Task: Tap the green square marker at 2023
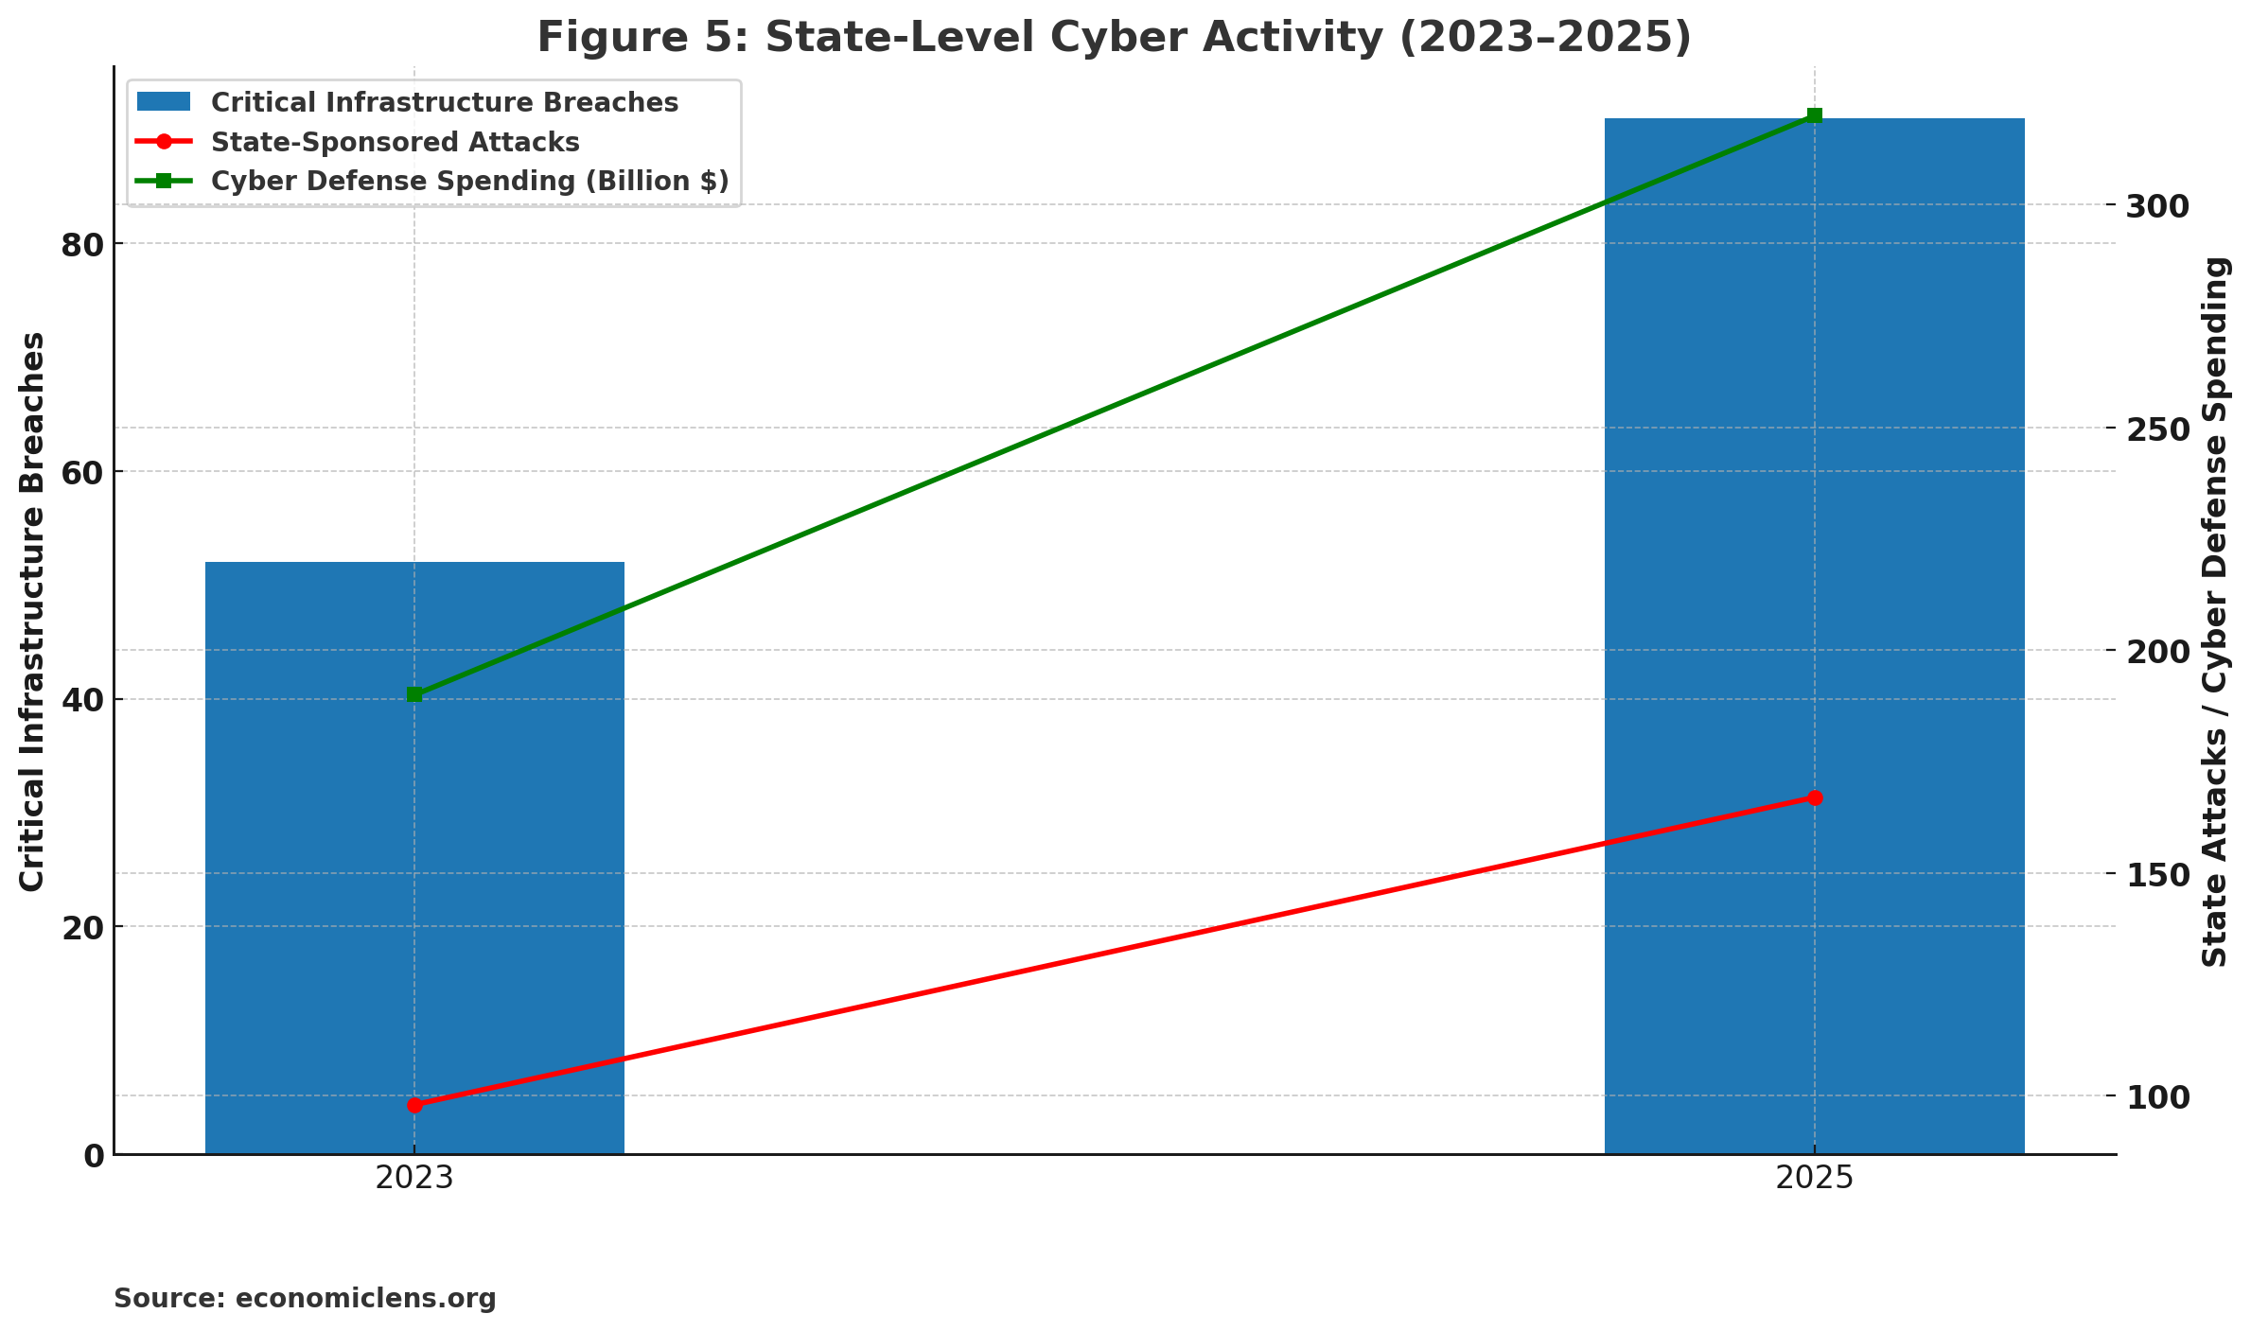[x=414, y=694]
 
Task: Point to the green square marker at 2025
[x=1814, y=115]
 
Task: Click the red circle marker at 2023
[x=414, y=1105]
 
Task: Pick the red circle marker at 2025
[x=1814, y=798]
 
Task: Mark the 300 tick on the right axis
[x=2157, y=206]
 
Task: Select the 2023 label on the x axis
[x=414, y=1179]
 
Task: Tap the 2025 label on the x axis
[x=1814, y=1179]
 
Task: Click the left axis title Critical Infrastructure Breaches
[x=32, y=610]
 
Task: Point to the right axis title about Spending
[x=2216, y=610]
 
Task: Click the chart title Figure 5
[x=1114, y=38]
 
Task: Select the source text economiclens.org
[x=305, y=1298]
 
